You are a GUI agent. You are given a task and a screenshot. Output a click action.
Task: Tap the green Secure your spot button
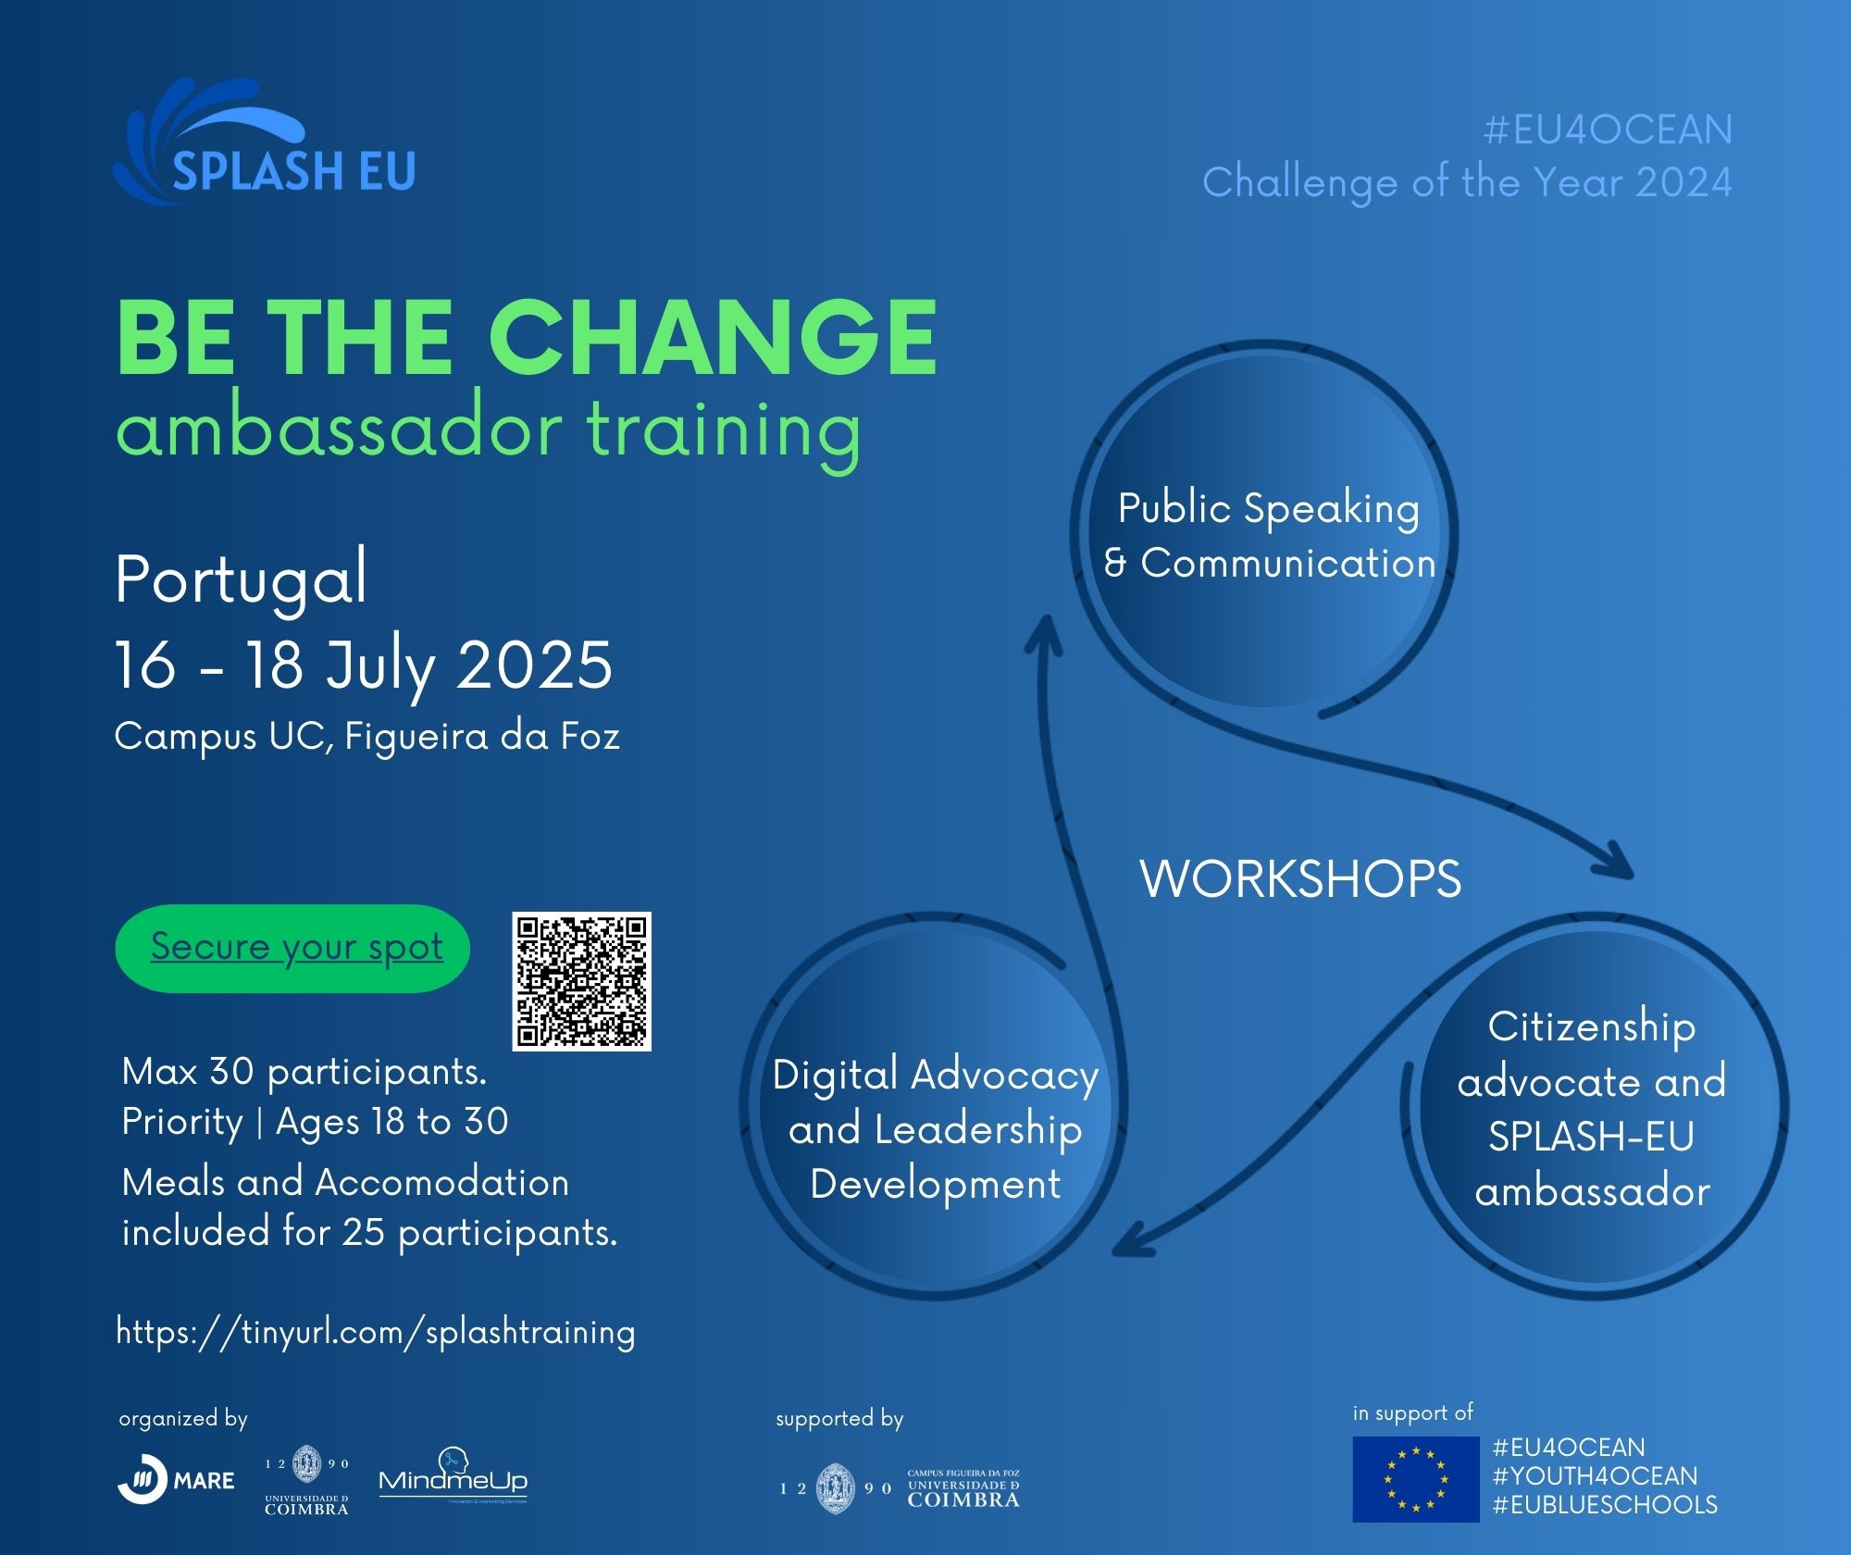tap(292, 948)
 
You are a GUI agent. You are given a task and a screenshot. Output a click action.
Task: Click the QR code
tap(582, 981)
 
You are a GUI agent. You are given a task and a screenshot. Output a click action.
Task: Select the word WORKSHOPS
tap(1300, 878)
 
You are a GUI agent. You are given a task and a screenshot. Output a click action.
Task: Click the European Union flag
tap(1416, 1479)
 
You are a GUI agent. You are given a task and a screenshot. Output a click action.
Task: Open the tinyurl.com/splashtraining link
tap(376, 1332)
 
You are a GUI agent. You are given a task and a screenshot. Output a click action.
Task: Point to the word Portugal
tap(242, 580)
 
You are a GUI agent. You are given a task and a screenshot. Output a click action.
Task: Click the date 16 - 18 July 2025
tap(364, 666)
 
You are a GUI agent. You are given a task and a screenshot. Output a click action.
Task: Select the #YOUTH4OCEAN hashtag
tap(1596, 1476)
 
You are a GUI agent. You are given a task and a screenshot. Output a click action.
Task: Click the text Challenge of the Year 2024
tap(1467, 182)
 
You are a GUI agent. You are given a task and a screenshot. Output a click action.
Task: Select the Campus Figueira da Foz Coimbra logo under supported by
tap(900, 1488)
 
